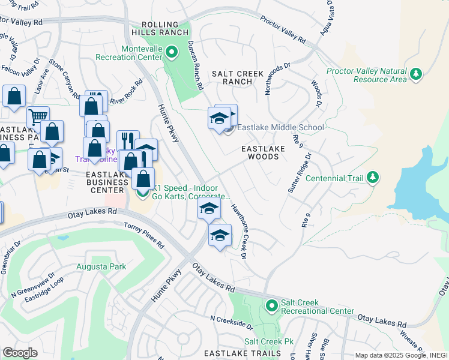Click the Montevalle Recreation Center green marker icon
171,52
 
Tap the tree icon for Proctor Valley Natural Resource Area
415,74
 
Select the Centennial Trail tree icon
373,178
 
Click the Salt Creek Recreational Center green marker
271,306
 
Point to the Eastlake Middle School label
280,127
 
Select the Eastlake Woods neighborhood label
260,152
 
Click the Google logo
20,353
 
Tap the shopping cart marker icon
38,116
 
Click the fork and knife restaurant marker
128,140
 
